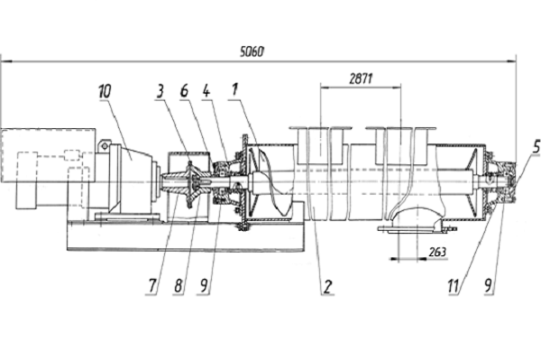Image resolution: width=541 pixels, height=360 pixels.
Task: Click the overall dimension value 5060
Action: [x=252, y=51]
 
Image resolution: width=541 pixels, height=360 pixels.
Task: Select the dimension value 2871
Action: [x=361, y=79]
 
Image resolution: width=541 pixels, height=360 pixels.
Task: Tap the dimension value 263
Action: [x=437, y=252]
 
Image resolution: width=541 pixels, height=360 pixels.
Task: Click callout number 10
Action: [x=105, y=91]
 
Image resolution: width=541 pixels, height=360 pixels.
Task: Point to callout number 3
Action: [x=160, y=91]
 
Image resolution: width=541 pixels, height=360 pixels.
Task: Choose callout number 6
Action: [x=184, y=91]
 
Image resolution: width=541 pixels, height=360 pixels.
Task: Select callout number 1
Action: [x=234, y=89]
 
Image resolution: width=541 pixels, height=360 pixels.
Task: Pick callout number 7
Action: [x=153, y=286]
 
